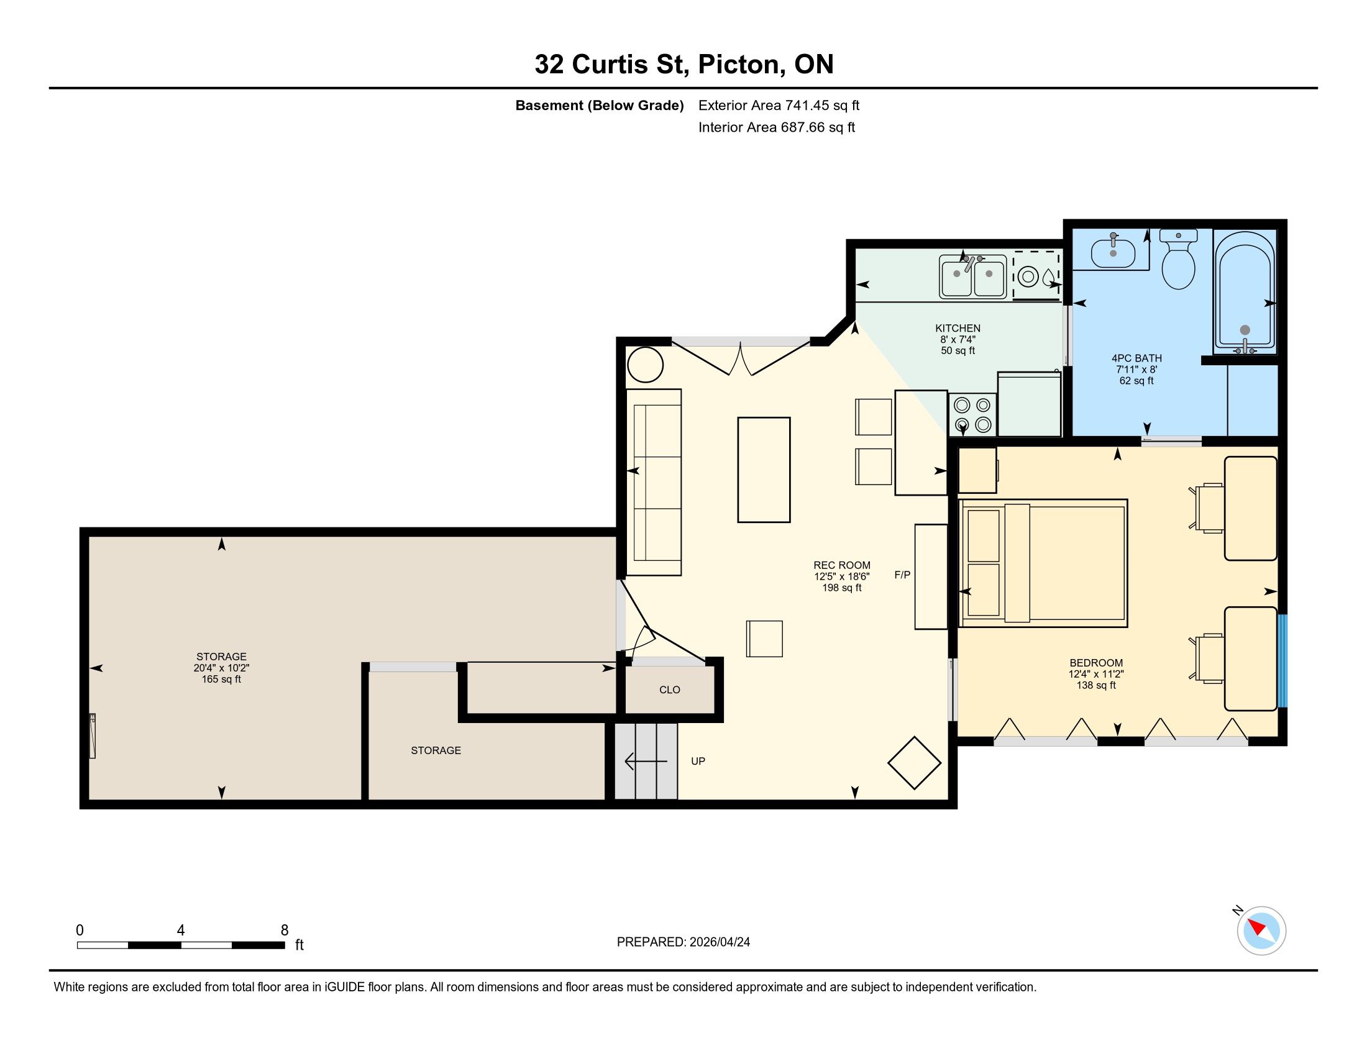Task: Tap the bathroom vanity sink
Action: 1113,253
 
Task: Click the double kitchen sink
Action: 972,276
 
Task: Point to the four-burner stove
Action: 972,415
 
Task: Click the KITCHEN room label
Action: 958,328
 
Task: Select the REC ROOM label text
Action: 842,565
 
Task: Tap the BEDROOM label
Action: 1096,663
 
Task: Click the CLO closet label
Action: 670,690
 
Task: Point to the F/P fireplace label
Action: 902,575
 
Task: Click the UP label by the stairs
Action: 698,761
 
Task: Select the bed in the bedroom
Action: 1043,563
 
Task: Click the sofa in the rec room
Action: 654,481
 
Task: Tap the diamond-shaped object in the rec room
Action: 915,763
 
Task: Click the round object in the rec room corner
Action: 645,364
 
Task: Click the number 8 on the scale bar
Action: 284,931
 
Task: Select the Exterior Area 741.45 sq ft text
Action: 779,105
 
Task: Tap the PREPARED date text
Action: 683,942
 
